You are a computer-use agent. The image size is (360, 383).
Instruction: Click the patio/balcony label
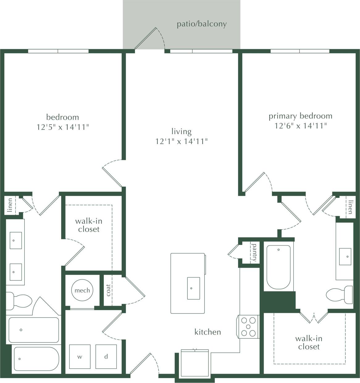(x=202, y=24)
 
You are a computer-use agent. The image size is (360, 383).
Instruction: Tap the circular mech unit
(x=82, y=290)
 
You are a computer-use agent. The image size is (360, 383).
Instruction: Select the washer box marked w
(x=80, y=356)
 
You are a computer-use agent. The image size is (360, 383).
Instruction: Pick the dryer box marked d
(x=106, y=356)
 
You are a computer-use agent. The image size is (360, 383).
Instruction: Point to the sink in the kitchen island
(x=193, y=288)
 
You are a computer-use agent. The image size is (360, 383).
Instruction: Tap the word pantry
(x=254, y=253)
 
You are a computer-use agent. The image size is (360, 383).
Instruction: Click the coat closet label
(x=108, y=290)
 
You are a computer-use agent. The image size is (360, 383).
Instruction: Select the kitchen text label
(x=207, y=332)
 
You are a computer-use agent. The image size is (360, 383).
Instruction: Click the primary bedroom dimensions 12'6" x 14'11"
(x=300, y=126)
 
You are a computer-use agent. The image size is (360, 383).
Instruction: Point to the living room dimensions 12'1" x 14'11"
(x=181, y=141)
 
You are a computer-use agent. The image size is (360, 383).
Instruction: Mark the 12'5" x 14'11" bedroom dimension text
(x=63, y=127)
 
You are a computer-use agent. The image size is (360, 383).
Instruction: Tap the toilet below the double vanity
(x=19, y=301)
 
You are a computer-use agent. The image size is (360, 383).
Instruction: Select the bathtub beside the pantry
(x=278, y=267)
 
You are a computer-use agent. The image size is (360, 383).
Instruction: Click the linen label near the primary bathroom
(x=350, y=207)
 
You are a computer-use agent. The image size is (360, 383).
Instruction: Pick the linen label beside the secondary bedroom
(x=10, y=205)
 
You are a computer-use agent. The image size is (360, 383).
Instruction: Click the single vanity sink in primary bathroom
(x=345, y=257)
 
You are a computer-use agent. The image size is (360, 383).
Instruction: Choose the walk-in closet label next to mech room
(x=89, y=225)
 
